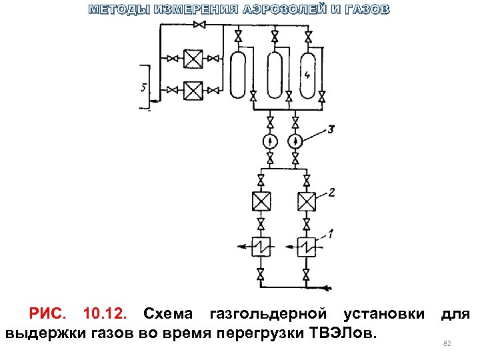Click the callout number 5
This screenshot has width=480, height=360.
(x=144, y=87)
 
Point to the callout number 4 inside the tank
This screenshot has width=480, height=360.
(x=307, y=75)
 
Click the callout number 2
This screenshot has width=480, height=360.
(x=331, y=193)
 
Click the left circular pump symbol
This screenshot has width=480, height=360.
(x=269, y=141)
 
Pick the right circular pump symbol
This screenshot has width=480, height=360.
(x=295, y=141)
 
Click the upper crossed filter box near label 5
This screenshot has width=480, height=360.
(x=193, y=59)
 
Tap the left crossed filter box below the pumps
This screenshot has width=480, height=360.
(x=261, y=201)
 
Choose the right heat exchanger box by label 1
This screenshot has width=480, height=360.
(x=306, y=247)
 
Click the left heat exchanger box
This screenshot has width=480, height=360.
(x=261, y=247)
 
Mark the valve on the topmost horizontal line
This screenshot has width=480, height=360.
(x=199, y=25)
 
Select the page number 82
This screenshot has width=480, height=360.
(x=447, y=343)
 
